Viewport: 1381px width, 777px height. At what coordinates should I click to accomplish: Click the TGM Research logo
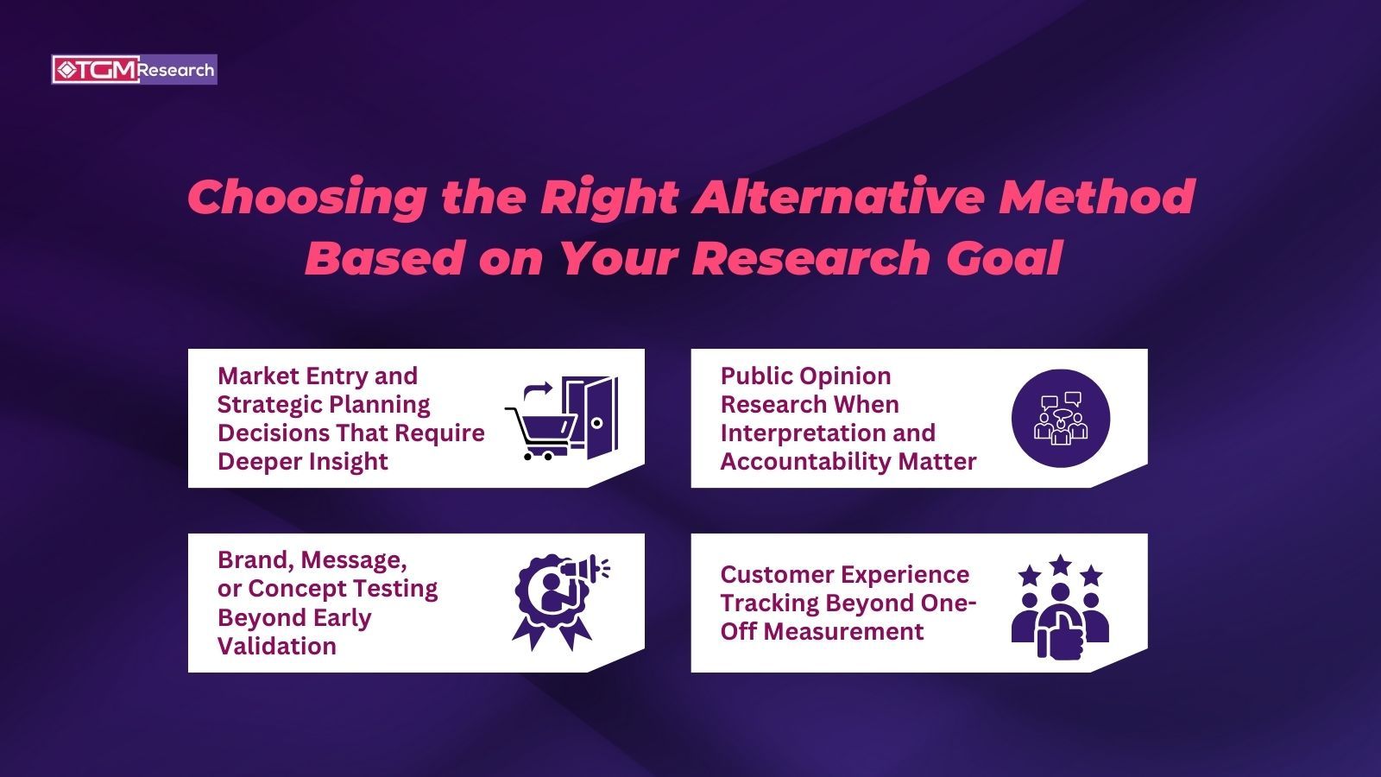click(x=135, y=70)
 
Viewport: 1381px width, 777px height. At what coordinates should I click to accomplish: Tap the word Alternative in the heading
click(x=838, y=197)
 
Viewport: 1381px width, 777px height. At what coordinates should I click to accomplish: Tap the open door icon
click(x=590, y=417)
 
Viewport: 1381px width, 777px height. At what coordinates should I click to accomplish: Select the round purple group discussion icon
click(x=1061, y=419)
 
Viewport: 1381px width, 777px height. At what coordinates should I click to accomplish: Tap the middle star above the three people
click(x=1060, y=565)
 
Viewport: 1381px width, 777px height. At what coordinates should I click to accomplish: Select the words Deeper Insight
click(x=302, y=462)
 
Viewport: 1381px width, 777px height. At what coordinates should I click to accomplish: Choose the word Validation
click(x=276, y=646)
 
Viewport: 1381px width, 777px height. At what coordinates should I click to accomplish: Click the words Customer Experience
click(x=844, y=575)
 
